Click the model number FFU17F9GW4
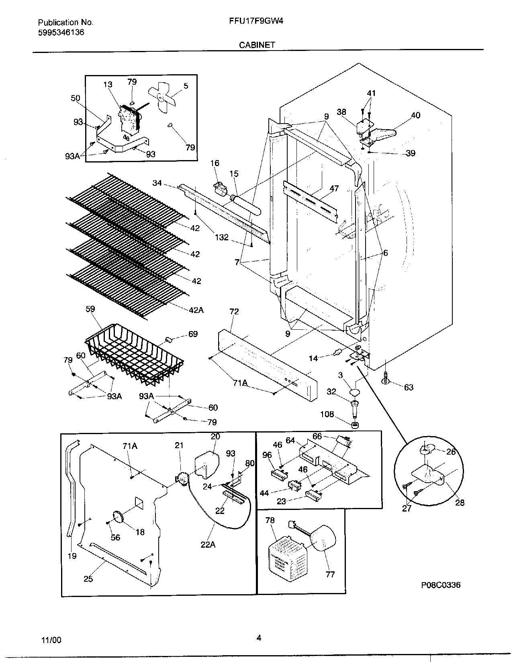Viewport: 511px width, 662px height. click(255, 22)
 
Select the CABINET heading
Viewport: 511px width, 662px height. click(257, 45)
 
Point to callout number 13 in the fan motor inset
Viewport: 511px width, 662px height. click(108, 85)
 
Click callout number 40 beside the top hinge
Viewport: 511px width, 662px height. click(415, 116)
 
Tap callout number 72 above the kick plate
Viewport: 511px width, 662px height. click(234, 312)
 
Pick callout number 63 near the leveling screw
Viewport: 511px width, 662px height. click(409, 387)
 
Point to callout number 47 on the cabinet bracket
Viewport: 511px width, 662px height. click(334, 188)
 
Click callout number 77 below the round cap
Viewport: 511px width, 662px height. click(330, 574)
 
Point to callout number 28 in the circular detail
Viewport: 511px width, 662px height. click(460, 502)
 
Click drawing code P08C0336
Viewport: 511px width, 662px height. click(441, 585)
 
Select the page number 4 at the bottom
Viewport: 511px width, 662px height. click(259, 638)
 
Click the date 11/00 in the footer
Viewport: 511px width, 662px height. click(54, 640)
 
